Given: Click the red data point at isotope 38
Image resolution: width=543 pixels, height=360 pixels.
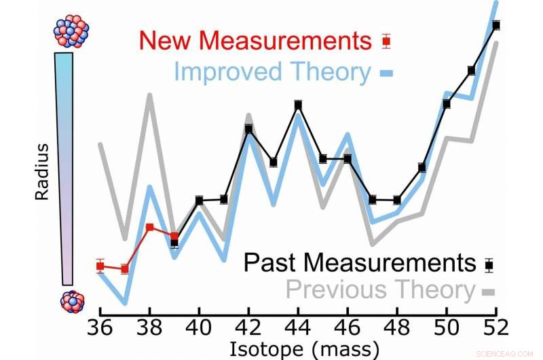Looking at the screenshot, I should [149, 227].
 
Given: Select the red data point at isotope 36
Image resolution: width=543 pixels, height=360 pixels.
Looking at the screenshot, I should [100, 266].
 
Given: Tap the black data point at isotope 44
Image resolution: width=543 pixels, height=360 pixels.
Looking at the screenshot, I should [298, 105].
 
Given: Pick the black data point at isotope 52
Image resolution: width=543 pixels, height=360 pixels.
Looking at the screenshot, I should [496, 25].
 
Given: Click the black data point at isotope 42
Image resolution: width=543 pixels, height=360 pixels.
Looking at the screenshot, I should [249, 128].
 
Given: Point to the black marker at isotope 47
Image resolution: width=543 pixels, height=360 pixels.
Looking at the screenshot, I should [372, 199].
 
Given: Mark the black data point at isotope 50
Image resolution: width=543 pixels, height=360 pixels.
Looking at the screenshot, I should [447, 103].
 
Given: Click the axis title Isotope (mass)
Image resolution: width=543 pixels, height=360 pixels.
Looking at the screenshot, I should [299, 348].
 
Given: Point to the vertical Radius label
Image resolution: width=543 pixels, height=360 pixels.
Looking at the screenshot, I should [42, 170].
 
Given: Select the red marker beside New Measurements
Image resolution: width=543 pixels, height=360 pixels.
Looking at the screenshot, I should [387, 41].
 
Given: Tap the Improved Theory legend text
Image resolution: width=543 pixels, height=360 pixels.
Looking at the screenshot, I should [272, 72].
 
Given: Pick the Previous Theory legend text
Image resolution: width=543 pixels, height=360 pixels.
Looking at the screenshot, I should [380, 290].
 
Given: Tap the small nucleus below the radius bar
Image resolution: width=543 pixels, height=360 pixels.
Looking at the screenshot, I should [72, 302].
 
